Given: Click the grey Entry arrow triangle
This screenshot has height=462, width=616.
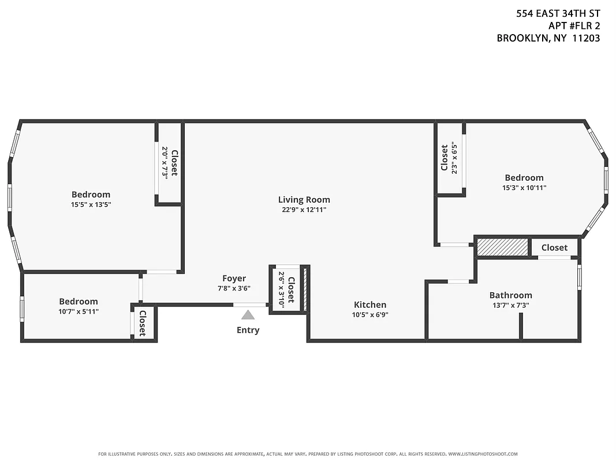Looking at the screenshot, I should [248, 315].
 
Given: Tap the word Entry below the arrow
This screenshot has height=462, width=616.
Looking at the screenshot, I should [248, 330].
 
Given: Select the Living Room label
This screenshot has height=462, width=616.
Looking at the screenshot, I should [304, 200].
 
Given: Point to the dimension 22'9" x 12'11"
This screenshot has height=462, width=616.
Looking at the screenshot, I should [304, 210].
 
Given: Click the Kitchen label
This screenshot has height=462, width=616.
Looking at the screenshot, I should [370, 305].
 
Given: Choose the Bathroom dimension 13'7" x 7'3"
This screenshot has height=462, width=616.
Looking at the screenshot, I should [510, 305].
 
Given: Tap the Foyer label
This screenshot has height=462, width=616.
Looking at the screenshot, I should [234, 278].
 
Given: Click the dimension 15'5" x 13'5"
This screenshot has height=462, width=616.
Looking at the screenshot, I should [91, 204].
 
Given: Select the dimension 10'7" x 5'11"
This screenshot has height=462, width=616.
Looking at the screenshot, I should [79, 311].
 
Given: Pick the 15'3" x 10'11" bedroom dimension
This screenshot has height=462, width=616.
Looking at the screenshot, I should [524, 188].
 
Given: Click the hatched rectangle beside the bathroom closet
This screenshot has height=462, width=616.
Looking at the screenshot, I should [502, 247].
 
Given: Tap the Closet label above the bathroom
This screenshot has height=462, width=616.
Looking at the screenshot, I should [554, 248].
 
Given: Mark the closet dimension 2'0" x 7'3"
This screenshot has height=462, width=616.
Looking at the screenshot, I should [165, 162].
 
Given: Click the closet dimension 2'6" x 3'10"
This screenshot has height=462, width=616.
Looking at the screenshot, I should [281, 289].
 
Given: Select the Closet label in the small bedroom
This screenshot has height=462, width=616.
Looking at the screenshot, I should [142, 323].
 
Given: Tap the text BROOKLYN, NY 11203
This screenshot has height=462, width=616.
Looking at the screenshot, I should [548, 38].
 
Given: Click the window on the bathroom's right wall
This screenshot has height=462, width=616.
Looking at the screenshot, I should [579, 277].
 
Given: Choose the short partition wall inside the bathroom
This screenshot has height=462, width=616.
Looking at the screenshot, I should [520, 326].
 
